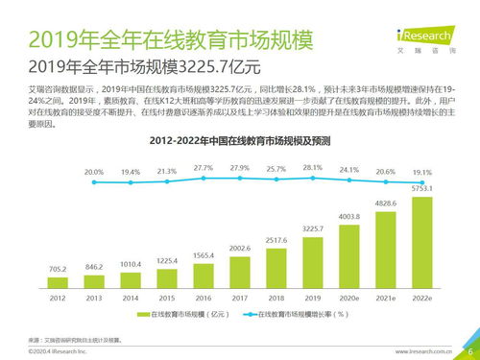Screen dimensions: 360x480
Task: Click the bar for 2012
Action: (x=58, y=280)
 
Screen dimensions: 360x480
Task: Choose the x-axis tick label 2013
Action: (x=94, y=298)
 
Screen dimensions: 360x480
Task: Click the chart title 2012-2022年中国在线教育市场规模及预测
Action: (x=240, y=140)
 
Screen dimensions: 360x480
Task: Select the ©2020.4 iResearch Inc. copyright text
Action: (x=58, y=352)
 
